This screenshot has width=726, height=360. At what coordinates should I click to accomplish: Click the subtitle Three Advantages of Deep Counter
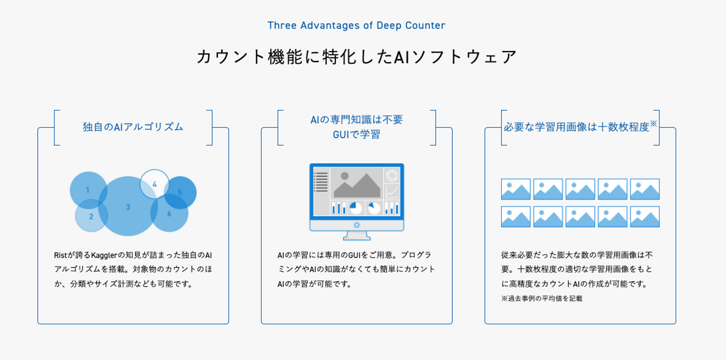pyautogui.click(x=356, y=25)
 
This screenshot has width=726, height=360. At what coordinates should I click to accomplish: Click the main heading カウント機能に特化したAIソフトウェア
pyautogui.click(x=356, y=56)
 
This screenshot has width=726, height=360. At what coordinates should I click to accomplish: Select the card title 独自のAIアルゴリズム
pyautogui.click(x=133, y=127)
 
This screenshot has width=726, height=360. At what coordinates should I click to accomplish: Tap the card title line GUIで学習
pyautogui.click(x=356, y=135)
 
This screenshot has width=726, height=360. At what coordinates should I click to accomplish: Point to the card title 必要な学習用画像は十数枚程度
pyautogui.click(x=576, y=127)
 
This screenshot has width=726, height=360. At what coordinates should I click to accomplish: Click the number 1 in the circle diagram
pyautogui.click(x=88, y=190)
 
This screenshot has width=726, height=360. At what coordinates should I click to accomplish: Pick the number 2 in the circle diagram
pyautogui.click(x=91, y=217)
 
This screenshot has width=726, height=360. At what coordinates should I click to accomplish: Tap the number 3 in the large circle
pyautogui.click(x=128, y=207)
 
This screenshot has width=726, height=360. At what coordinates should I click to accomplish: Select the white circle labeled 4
pyautogui.click(x=154, y=184)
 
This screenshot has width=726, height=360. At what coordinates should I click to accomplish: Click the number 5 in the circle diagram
pyautogui.click(x=180, y=192)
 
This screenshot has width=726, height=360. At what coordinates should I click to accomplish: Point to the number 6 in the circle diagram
pyautogui.click(x=169, y=214)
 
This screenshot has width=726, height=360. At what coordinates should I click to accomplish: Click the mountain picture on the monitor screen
pyautogui.click(x=356, y=185)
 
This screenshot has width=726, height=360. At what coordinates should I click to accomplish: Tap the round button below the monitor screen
pyautogui.click(x=356, y=225)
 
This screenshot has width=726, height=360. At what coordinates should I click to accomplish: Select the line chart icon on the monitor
pyautogui.click(x=392, y=192)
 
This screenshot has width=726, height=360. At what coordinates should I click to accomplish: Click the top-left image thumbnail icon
pyautogui.click(x=516, y=189)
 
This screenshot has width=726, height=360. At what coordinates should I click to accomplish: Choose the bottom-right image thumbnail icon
pyautogui.click(x=645, y=217)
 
